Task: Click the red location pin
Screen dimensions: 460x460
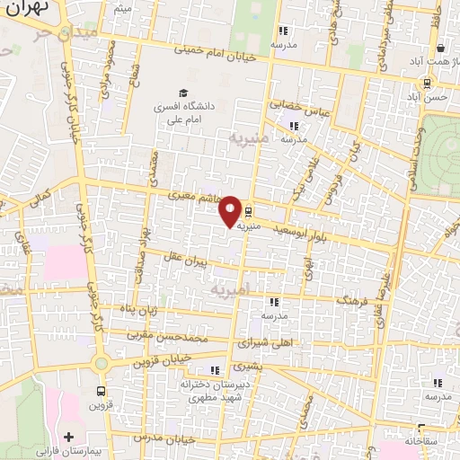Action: coord(230,211)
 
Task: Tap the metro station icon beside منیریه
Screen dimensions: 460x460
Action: coord(249,216)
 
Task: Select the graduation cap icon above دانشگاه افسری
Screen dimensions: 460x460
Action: coord(183,93)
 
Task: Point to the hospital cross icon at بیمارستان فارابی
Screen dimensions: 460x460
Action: coord(68,437)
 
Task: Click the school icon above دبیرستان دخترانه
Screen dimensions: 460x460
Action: coord(214,369)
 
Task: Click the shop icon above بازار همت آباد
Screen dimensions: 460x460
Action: coord(440,49)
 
